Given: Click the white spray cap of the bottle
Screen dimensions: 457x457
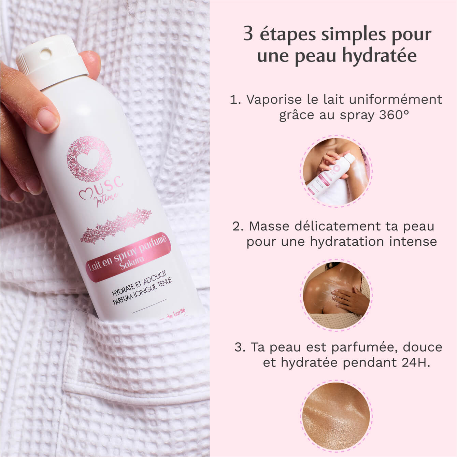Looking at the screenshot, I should click(51, 65).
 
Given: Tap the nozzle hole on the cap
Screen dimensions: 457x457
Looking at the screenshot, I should click(45, 53).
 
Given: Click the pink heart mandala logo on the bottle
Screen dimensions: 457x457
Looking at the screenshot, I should click(89, 158).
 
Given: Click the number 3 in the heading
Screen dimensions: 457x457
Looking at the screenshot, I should click(248, 34).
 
